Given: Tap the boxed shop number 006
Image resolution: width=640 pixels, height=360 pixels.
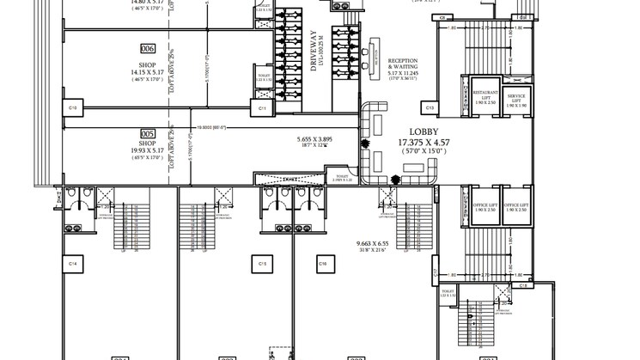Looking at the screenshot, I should (x=148, y=49).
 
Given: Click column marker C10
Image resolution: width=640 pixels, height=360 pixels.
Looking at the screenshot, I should (x=73, y=108).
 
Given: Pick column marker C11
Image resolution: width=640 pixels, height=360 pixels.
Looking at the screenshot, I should (x=261, y=108).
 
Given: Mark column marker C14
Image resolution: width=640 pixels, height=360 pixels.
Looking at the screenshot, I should (x=73, y=263).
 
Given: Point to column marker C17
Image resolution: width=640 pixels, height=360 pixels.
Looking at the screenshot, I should (x=436, y=275).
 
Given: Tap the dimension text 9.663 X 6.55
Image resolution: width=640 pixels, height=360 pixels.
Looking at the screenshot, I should (x=374, y=244).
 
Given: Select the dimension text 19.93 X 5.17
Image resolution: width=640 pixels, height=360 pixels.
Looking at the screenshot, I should (x=148, y=149).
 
